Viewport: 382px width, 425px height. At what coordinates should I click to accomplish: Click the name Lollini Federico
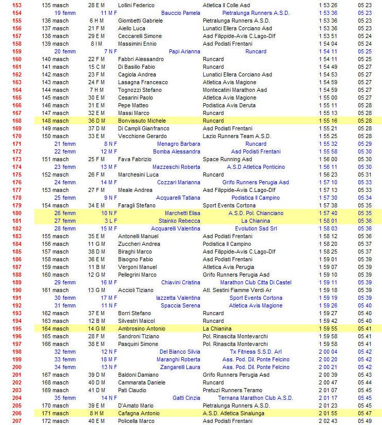click(x=136, y=5)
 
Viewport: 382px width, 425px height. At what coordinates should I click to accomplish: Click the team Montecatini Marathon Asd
click(x=235, y=90)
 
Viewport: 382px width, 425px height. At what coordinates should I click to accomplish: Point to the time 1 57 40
click(x=328, y=213)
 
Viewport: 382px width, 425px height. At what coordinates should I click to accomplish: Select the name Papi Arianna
click(x=185, y=51)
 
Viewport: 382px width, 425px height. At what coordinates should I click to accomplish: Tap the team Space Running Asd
click(x=227, y=159)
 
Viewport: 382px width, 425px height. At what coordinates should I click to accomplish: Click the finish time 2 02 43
click(x=328, y=421)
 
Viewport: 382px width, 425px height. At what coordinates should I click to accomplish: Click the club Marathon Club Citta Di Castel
click(x=256, y=282)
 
